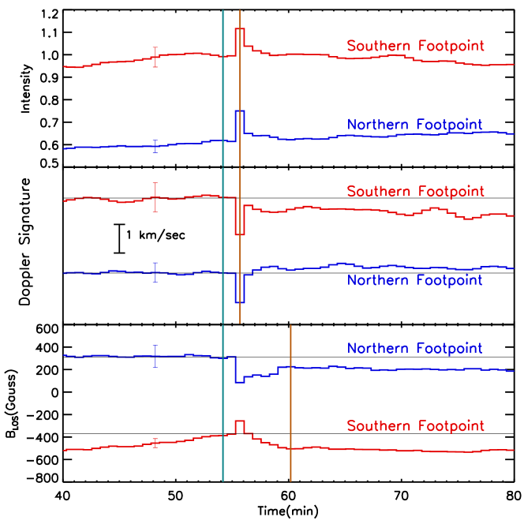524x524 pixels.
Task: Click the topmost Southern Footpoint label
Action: (415, 47)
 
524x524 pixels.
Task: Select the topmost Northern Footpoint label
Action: (414, 125)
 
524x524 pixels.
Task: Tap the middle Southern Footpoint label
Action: (415, 192)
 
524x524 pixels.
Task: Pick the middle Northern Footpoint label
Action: (414, 280)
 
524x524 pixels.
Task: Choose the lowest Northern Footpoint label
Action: (414, 348)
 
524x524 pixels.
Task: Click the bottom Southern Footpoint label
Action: (415, 426)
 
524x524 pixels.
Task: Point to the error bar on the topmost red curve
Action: (155, 57)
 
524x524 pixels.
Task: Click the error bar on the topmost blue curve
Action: (155, 145)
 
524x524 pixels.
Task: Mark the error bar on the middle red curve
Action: (155, 197)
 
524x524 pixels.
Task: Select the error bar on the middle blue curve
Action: (155, 271)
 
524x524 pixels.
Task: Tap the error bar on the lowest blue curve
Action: (155, 356)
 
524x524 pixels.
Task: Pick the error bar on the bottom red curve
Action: (155, 443)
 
